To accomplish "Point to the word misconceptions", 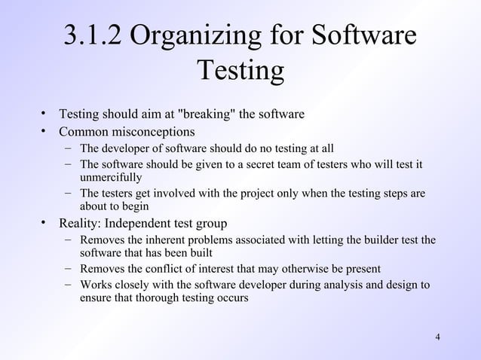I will pos(152,133).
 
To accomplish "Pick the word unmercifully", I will pos(111,178).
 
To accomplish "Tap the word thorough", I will pos(151,298).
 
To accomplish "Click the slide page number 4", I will pos(438,335).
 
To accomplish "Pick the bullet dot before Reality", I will pos(46,224).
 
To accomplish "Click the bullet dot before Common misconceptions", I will pos(46,133).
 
